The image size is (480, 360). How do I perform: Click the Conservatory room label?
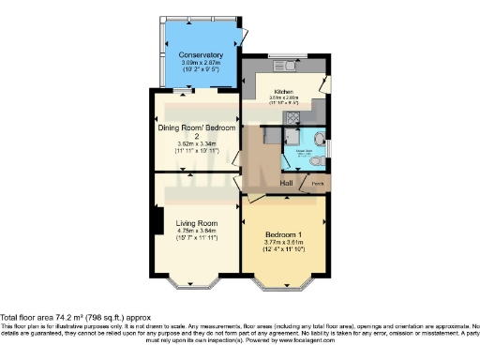200,55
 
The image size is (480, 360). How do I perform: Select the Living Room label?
196,222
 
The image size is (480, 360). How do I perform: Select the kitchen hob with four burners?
292,118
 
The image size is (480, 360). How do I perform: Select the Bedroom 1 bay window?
282,280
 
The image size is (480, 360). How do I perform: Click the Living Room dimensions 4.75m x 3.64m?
196,231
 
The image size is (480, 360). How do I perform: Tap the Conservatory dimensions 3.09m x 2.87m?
200,63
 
